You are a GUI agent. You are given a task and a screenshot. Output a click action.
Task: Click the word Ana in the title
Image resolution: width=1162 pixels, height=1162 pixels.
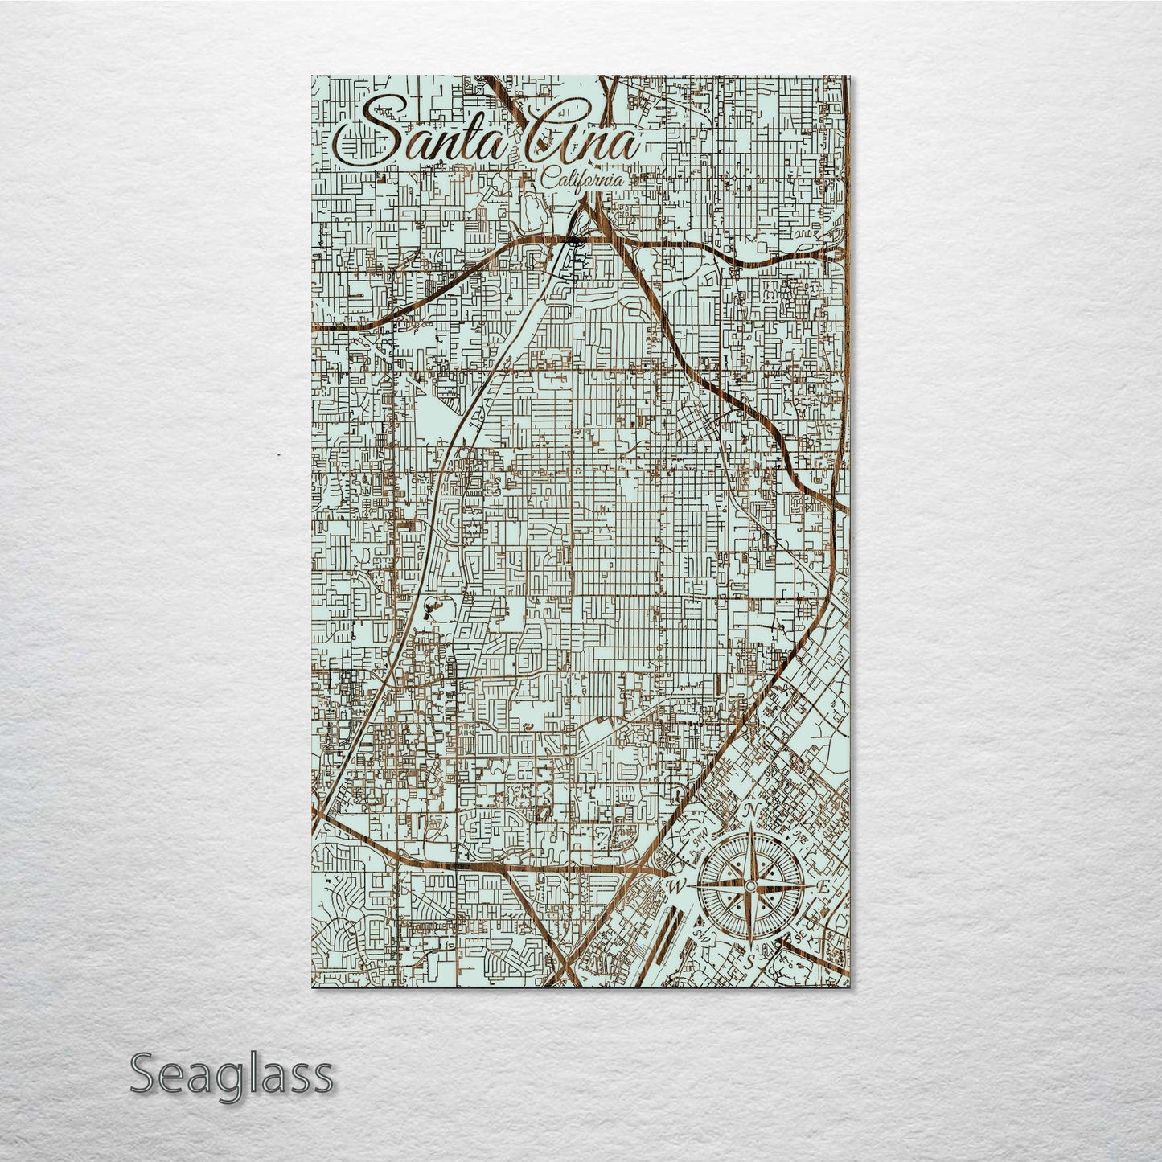[x=582, y=145]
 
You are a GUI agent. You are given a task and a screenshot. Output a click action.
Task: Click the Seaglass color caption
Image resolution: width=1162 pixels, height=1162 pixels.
[x=231, y=1074]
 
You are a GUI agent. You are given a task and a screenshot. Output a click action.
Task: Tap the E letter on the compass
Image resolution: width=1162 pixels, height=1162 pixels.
[x=823, y=886]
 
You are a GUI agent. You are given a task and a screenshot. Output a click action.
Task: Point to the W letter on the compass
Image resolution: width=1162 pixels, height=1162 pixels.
[x=674, y=885]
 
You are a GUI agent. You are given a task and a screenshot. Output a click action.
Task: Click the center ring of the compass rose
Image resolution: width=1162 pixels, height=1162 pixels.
[x=749, y=885]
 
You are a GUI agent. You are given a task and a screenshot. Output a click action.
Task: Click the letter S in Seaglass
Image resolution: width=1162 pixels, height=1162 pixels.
[x=142, y=1074]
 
